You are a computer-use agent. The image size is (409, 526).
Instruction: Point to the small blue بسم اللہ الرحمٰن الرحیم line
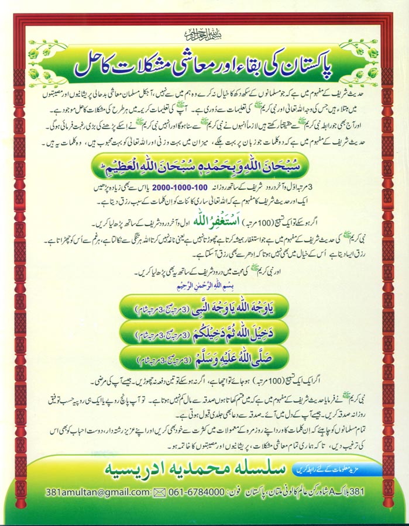click(205, 288)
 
